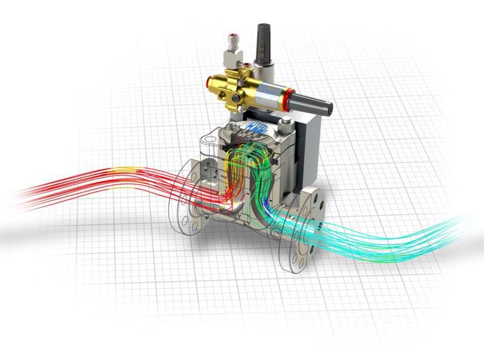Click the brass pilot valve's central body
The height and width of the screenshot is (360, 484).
[242, 85]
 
